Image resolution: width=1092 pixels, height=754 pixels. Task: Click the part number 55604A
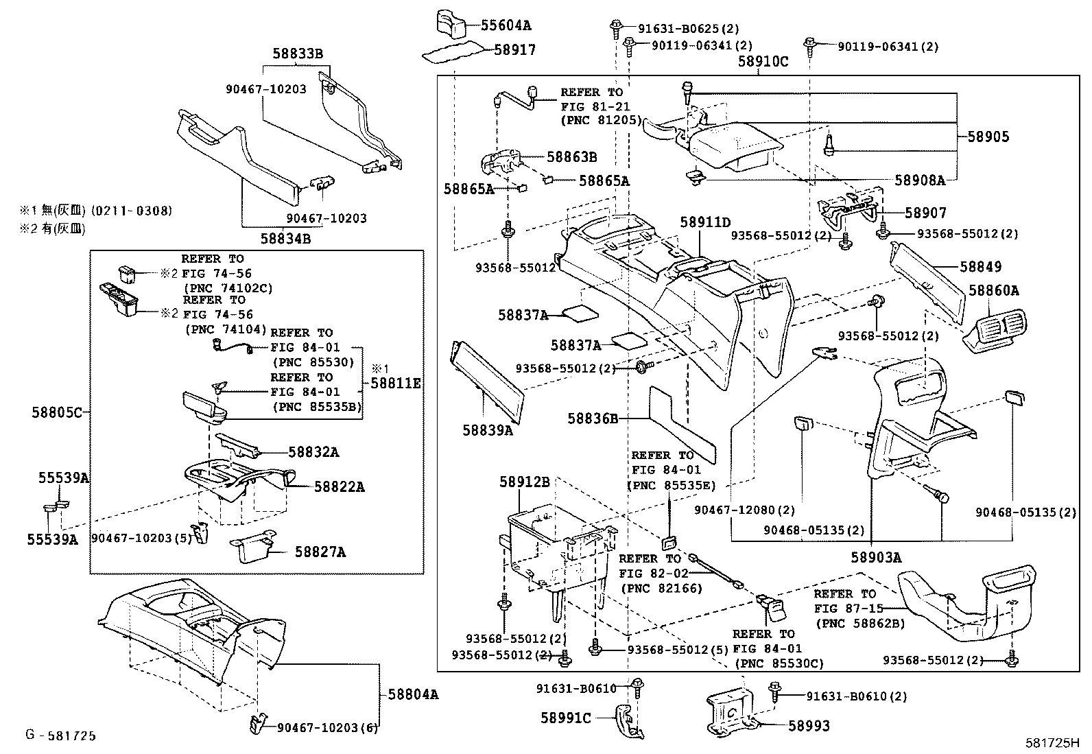pos(506,26)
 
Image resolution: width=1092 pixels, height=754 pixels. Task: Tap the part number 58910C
pos(763,62)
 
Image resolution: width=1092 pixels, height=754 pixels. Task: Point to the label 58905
pos(988,137)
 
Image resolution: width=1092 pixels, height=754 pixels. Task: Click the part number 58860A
pos(994,291)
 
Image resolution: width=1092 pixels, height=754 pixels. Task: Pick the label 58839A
pos(487,430)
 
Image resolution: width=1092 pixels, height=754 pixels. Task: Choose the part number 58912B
pos(524,482)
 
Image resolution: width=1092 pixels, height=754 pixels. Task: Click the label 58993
pos(809,725)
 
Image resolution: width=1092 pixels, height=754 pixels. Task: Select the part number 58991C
pos(565,718)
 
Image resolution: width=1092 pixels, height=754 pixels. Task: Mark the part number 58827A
pos(320,552)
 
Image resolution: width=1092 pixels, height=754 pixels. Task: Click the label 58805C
pos(56,412)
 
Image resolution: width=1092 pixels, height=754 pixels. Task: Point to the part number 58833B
pos(297,54)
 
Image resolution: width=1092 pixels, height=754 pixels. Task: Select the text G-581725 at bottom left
pos(60,736)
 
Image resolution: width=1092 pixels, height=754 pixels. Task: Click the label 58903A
pos(876,558)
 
